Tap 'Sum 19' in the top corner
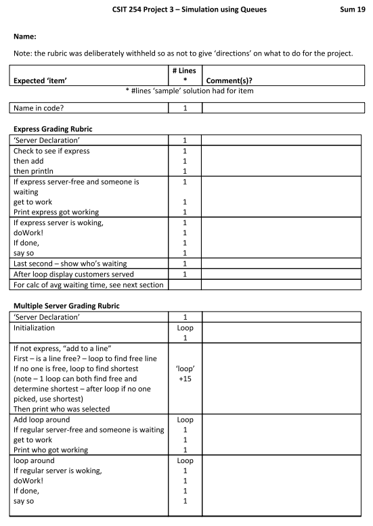point(350,9)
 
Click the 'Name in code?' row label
point(45,107)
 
